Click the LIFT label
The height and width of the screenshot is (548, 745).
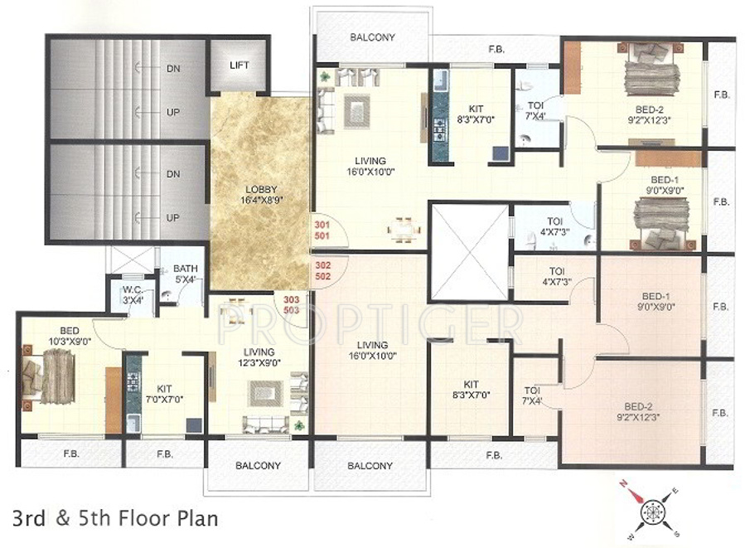[x=239, y=65]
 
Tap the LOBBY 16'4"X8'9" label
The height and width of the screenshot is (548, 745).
[x=261, y=195]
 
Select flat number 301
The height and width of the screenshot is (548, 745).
[x=322, y=225]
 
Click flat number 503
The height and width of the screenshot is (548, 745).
[x=291, y=310]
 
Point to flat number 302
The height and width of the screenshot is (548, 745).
[x=322, y=265]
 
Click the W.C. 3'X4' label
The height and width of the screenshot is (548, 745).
[x=133, y=295]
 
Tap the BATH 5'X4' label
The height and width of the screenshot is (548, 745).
[x=186, y=274]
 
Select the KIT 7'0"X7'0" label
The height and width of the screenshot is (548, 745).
[x=164, y=394]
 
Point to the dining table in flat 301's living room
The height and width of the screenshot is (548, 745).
[x=404, y=230]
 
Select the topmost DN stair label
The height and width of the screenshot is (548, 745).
[x=173, y=69]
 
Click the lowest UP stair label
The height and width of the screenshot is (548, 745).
[x=173, y=218]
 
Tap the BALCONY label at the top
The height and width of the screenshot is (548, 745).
[x=373, y=37]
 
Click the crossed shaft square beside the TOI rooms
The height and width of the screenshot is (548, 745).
[x=469, y=251]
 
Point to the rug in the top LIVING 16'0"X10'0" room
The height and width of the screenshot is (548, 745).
[x=356, y=112]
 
